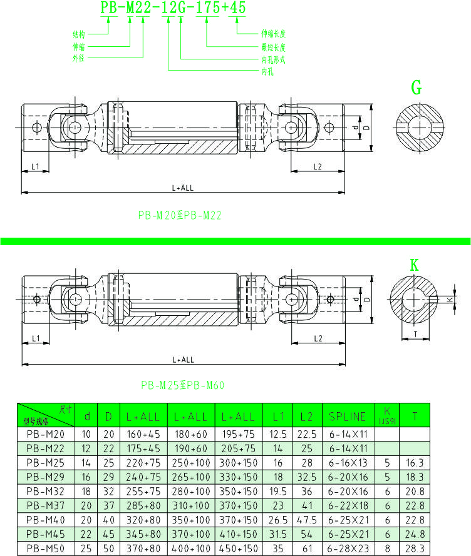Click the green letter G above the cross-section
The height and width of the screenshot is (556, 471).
tap(417, 88)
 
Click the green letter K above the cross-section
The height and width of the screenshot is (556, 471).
tap(414, 265)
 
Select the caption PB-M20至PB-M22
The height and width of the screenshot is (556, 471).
tap(180, 215)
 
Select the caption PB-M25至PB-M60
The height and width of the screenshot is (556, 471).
tap(182, 385)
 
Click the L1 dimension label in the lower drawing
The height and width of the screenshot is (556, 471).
tap(36, 338)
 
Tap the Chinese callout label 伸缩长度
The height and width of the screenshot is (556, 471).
tap(273, 34)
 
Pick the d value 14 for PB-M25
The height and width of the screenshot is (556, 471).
tap(88, 462)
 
